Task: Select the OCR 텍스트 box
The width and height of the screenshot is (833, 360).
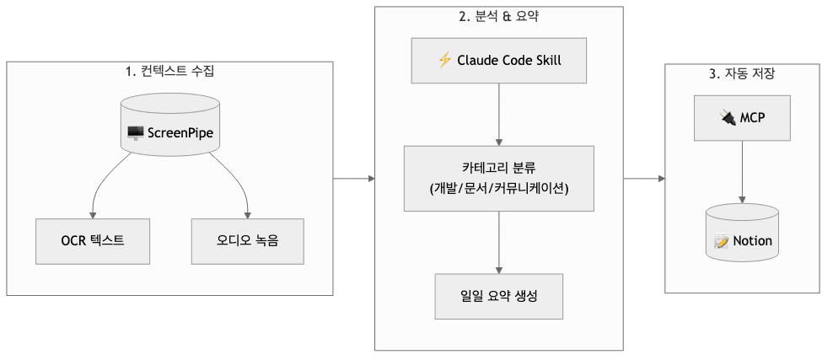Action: (x=93, y=240)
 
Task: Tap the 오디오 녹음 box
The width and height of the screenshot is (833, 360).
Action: (x=247, y=240)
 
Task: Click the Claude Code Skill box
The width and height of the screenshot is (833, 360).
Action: (x=499, y=61)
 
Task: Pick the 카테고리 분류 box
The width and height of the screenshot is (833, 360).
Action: (x=499, y=178)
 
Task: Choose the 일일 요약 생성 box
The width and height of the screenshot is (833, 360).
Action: (x=499, y=296)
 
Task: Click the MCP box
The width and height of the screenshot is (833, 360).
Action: (x=742, y=118)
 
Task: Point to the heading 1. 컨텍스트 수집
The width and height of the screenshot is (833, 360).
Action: (x=169, y=72)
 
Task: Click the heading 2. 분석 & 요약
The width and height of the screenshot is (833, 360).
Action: (x=499, y=17)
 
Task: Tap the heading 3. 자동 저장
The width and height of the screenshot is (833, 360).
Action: (x=742, y=73)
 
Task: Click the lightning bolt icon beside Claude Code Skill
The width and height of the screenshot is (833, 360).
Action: (x=445, y=61)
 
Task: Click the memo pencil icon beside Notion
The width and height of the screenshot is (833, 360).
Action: (x=721, y=241)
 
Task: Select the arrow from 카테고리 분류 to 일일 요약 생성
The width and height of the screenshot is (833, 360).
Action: (x=499, y=242)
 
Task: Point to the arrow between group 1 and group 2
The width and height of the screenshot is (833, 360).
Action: (x=354, y=178)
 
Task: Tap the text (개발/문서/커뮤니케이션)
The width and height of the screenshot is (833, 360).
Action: (x=499, y=188)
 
